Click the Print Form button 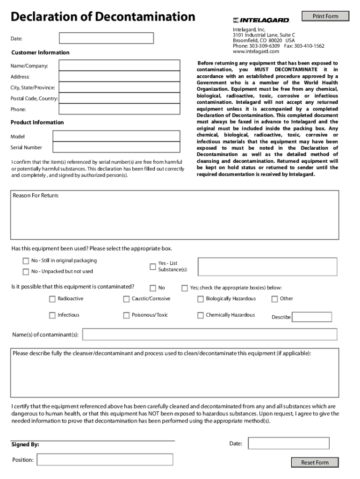coord(325,16)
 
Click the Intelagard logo coord(261,20)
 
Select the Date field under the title coord(107,38)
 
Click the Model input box coord(116,136)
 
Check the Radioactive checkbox coord(52,299)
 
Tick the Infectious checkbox coord(52,315)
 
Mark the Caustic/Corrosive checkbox coord(126,299)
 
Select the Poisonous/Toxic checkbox coord(126,315)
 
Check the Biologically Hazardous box coord(201,299)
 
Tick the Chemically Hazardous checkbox coord(201,315)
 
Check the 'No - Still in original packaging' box coord(26,261)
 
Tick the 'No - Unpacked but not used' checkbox coord(26,272)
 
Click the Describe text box coord(312,317)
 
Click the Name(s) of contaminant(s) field coord(209,334)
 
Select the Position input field coord(105,460)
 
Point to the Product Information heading coord(37,123)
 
